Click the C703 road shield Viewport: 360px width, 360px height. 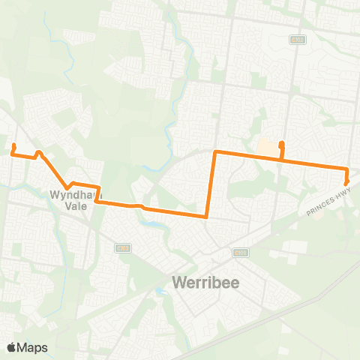click(x=240, y=253)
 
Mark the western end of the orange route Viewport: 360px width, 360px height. click(x=14, y=145)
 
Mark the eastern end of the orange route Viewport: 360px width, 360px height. click(x=346, y=183)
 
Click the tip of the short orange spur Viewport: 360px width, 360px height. click(x=281, y=143)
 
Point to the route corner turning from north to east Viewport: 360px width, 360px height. click(x=216, y=152)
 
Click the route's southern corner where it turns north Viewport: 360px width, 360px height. click(x=206, y=217)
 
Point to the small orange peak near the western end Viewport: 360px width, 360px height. click(x=39, y=151)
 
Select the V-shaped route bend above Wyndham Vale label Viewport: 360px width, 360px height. click(x=68, y=187)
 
